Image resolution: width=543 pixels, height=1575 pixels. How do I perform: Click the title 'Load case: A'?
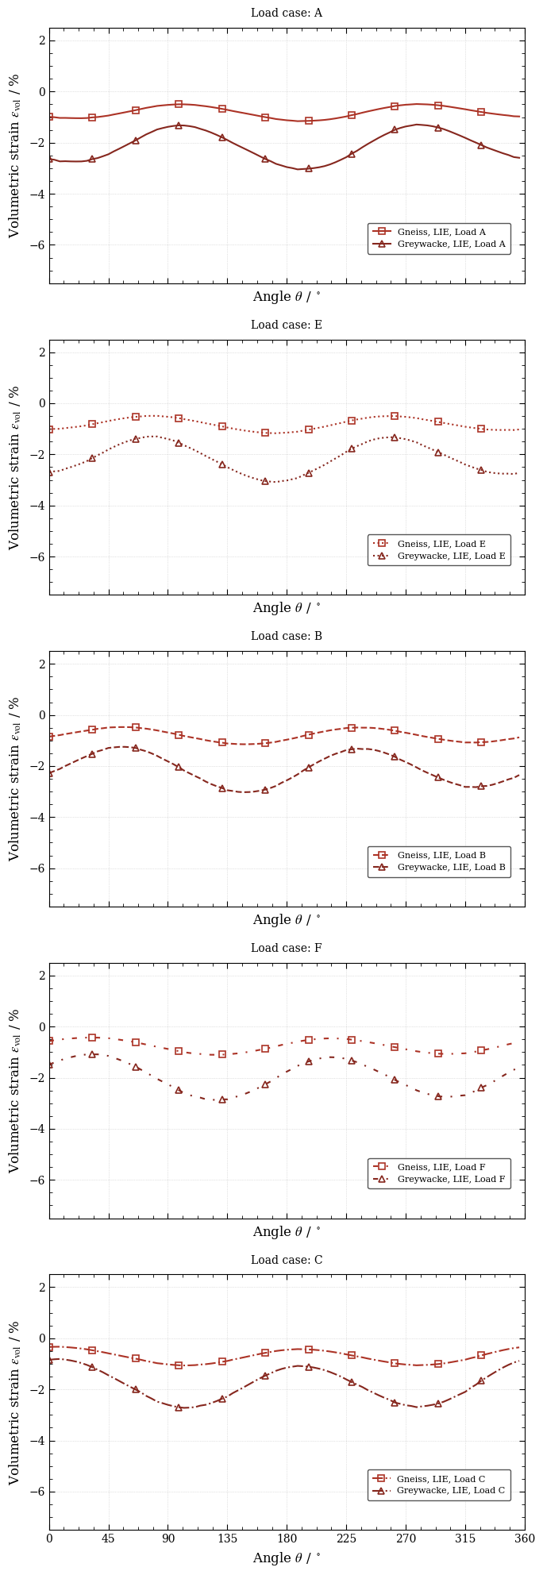coord(287,13)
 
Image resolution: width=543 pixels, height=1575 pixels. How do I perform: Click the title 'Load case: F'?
coord(287,949)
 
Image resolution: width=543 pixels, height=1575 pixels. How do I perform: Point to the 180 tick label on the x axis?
coord(287,1539)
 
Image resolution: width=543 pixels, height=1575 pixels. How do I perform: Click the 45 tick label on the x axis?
coord(109,1539)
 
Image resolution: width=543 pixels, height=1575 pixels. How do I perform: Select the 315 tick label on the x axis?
coord(464,1539)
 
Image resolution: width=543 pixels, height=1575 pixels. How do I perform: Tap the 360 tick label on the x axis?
coord(524,1539)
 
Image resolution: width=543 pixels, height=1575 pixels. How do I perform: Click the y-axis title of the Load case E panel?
coord(15,468)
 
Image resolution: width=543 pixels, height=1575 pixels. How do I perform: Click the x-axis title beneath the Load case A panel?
coord(287,297)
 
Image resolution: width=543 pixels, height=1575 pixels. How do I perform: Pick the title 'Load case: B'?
coord(287,637)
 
